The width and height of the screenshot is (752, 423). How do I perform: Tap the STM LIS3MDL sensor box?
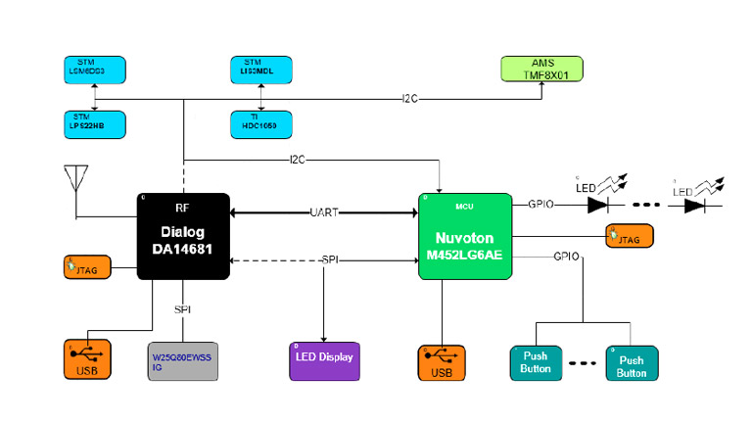259,68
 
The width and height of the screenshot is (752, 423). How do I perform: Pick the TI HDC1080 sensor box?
259,123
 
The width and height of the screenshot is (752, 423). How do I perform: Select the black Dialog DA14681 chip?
183,237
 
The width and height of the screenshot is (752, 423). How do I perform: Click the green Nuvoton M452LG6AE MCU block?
465,237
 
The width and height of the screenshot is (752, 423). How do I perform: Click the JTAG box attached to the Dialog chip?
86,264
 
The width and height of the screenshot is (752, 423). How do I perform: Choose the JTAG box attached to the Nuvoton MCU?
630,236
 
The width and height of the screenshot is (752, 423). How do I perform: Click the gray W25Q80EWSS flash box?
185,361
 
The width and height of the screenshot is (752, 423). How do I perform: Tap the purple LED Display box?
324,360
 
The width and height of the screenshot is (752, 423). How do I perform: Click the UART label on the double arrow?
324,211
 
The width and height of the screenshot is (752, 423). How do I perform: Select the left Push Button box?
535,362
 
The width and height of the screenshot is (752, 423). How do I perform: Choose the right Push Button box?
632,362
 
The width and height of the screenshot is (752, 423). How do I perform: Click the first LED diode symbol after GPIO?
599,206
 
